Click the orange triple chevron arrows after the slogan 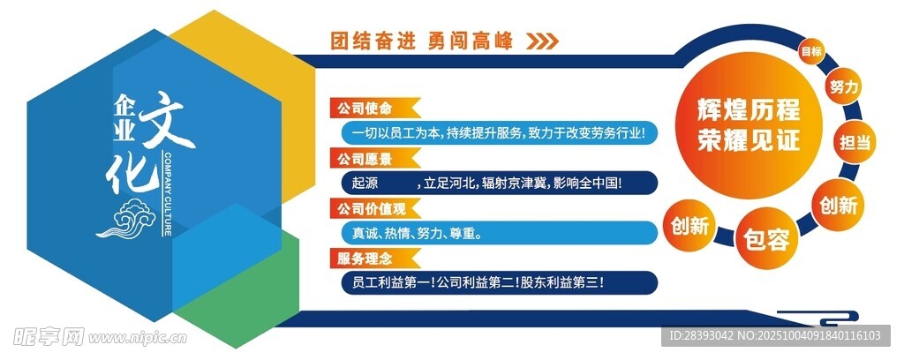[x=543, y=41]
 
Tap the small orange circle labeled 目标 [x=811, y=51]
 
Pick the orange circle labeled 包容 [x=766, y=238]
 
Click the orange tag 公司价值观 [x=374, y=208]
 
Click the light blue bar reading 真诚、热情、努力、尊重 [x=499, y=233]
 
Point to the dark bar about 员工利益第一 [x=499, y=283]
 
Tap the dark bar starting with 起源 [x=499, y=183]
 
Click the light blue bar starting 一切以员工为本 [x=499, y=132]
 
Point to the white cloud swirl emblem [x=127, y=218]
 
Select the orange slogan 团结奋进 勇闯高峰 [x=421, y=41]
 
